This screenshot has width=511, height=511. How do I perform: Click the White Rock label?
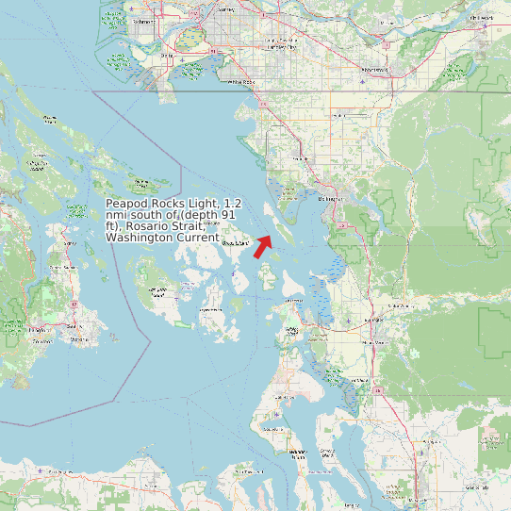point(241,82)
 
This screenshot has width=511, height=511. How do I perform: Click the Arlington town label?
point(429,439)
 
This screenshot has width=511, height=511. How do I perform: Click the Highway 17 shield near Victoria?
point(73,305)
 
